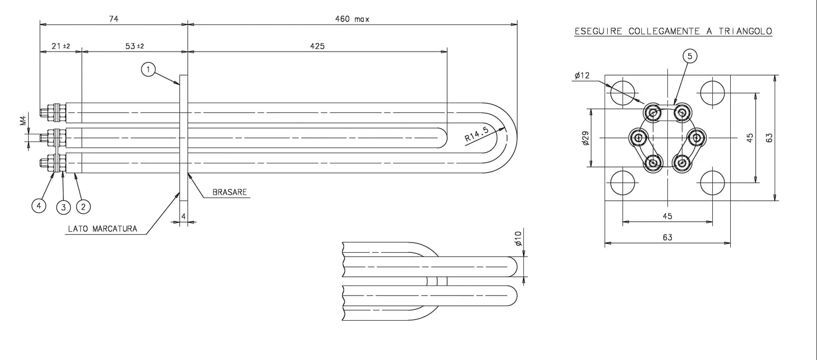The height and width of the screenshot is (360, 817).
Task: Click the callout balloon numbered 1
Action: (x=148, y=69)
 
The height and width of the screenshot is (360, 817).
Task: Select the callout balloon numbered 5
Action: (x=689, y=56)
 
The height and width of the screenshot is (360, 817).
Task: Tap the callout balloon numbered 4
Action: (x=39, y=206)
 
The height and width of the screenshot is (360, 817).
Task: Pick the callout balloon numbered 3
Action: (x=63, y=207)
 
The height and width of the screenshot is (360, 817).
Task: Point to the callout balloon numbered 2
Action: (x=83, y=207)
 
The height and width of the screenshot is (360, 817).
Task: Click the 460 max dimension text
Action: (x=352, y=19)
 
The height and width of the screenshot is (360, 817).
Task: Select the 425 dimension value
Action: (x=317, y=46)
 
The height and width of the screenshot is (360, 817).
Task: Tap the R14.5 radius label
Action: (x=476, y=134)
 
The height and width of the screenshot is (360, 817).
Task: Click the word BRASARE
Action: (x=229, y=192)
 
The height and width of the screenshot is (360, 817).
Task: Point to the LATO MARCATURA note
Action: (x=103, y=229)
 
